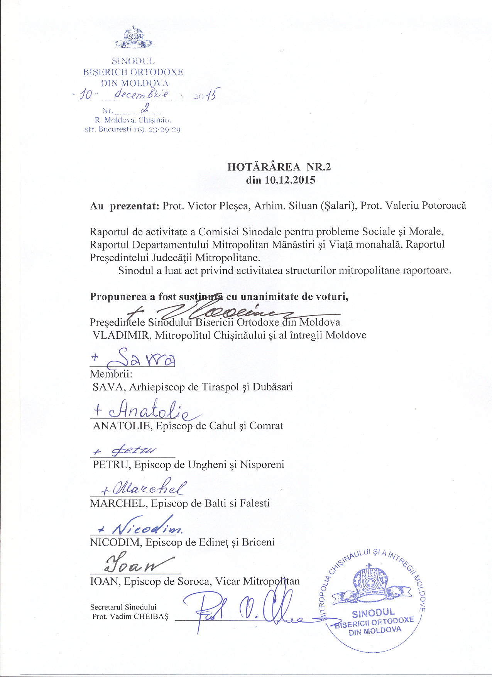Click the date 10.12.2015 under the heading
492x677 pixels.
[x=290, y=180]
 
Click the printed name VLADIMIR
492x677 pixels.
[x=121, y=335]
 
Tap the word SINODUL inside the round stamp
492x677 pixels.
[x=373, y=613]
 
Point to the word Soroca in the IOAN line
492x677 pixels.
[x=194, y=581]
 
